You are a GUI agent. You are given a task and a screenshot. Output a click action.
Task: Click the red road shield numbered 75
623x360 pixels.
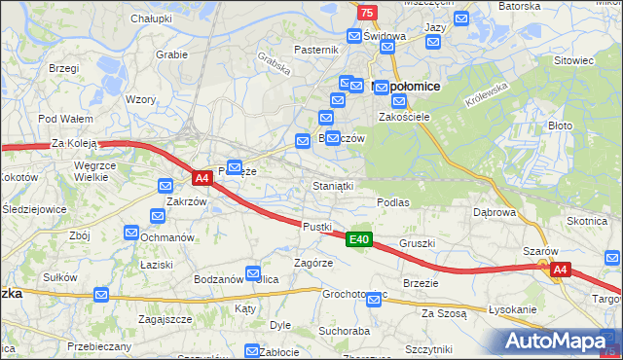click(x=366, y=12)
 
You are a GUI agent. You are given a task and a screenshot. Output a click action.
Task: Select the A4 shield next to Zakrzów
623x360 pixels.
click(x=202, y=178)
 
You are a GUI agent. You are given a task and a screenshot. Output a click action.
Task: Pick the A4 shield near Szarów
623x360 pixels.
click(x=559, y=270)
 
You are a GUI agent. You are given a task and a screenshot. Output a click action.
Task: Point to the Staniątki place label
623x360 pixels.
click(x=333, y=185)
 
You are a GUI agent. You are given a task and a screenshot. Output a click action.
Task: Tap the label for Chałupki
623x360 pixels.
click(x=151, y=18)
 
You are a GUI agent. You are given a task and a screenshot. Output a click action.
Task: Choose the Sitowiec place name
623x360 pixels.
click(x=573, y=60)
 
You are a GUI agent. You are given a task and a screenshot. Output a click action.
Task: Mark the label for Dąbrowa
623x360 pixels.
click(x=494, y=211)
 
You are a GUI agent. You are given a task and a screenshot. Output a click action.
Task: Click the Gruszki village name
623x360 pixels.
click(x=416, y=243)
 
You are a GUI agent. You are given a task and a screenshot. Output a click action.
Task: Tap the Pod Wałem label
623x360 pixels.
click(x=59, y=119)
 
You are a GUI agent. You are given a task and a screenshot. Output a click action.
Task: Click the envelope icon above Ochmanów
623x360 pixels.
click(x=131, y=232)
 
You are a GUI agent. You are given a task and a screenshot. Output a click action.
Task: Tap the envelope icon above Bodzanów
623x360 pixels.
click(x=253, y=273)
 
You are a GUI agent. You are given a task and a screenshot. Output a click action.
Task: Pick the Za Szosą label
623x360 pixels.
click(x=444, y=313)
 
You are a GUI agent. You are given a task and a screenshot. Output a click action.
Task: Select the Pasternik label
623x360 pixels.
click(x=316, y=50)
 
